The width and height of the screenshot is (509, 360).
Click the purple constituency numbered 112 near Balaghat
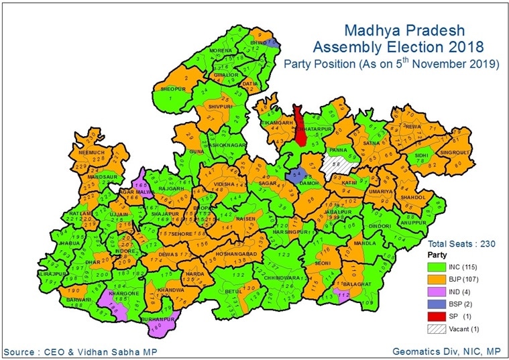[344, 295]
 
